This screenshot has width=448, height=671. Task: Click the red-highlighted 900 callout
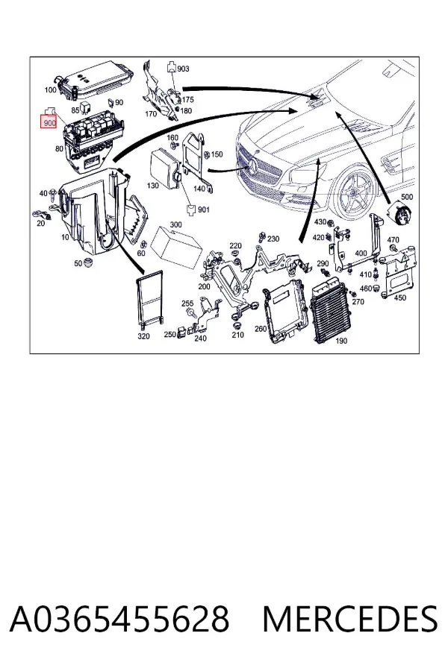click(49, 122)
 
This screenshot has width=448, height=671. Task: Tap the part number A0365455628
click(119, 620)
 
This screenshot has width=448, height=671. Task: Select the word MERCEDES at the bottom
click(350, 620)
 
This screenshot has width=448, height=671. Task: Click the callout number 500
click(406, 197)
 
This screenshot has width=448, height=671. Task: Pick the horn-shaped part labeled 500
click(399, 212)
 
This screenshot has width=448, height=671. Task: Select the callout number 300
click(175, 224)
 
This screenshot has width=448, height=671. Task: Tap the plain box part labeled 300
click(178, 248)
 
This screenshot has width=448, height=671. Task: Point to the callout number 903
click(183, 69)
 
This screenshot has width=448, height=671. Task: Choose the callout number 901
click(204, 210)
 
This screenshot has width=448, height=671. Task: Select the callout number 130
click(152, 186)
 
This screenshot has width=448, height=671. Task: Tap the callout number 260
click(261, 329)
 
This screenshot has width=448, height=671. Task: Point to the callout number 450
click(399, 297)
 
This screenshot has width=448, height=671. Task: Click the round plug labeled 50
click(89, 262)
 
